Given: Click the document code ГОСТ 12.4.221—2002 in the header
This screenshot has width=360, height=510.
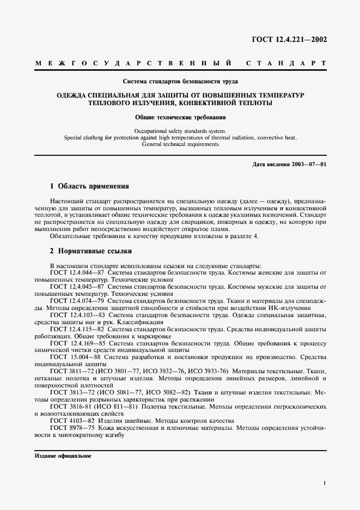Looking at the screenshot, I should coord(288,39).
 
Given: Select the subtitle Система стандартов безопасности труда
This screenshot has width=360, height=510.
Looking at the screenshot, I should coord(180,82).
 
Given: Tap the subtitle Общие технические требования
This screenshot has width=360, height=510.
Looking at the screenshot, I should coord(180,117).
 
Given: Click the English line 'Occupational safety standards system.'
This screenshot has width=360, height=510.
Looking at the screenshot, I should coord(180,131).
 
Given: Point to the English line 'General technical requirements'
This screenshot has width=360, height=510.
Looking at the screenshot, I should coord(180,145).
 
